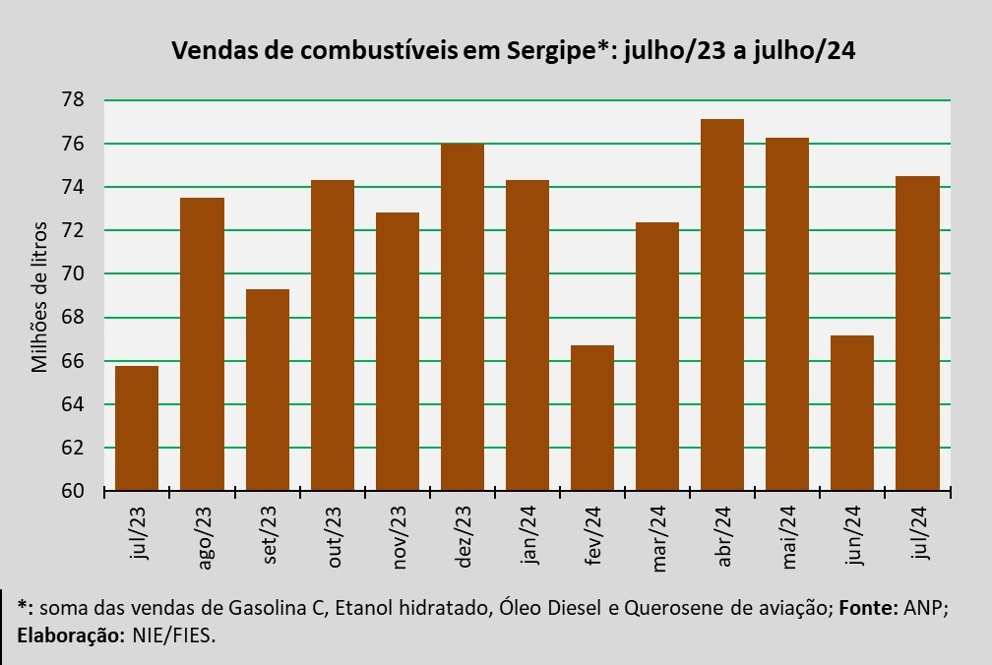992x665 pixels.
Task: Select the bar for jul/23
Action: pyautogui.click(x=137, y=428)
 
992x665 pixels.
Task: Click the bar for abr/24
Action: pyautogui.click(x=721, y=305)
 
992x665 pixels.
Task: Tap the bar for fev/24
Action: pyautogui.click(x=591, y=418)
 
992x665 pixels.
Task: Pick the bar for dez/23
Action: pyautogui.click(x=462, y=317)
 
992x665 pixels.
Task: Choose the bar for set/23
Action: pyautogui.click(x=267, y=390)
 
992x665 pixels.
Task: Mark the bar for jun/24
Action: pyautogui.click(x=851, y=413)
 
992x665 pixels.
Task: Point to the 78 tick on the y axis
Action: pyautogui.click(x=73, y=100)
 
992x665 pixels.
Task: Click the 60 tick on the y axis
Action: pyautogui.click(x=73, y=491)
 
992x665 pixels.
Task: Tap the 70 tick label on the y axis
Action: pyautogui.click(x=73, y=274)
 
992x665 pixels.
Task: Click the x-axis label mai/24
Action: pyautogui.click(x=788, y=537)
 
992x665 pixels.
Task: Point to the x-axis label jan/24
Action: pyautogui.click(x=528, y=537)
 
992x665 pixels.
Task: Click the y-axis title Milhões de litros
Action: pyautogui.click(x=39, y=295)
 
